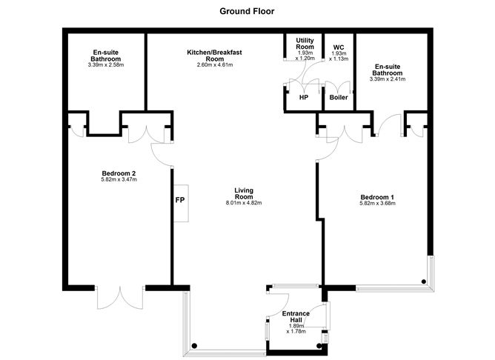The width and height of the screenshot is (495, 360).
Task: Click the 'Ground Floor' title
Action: coord(247,11)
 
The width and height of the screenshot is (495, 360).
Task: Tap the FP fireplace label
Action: coord(179,200)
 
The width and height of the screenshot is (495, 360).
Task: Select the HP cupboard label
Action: coord(304,97)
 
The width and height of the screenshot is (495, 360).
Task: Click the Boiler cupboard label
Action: coord(338,97)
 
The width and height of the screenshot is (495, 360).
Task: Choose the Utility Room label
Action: coord(305,43)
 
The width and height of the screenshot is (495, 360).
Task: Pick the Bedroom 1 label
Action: coord(377,196)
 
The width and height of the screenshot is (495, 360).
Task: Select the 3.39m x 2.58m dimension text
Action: coord(107,66)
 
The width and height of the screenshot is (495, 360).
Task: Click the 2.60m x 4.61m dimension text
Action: coord(214,65)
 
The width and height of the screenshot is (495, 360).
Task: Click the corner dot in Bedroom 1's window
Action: coord(424,281)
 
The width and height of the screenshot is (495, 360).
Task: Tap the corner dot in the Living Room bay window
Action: coord(193,344)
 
